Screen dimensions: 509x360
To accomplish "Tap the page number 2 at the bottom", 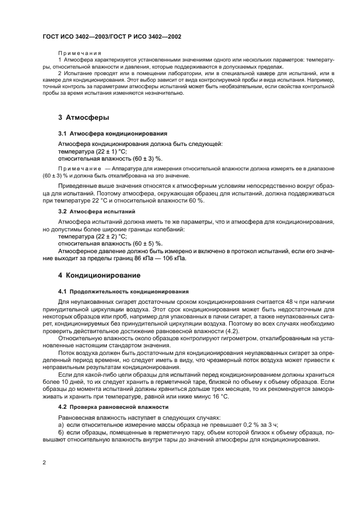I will (x=44, y=462).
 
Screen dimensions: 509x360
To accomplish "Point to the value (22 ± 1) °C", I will (x=112, y=151).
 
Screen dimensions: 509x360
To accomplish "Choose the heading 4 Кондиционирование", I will (x=99, y=275).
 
